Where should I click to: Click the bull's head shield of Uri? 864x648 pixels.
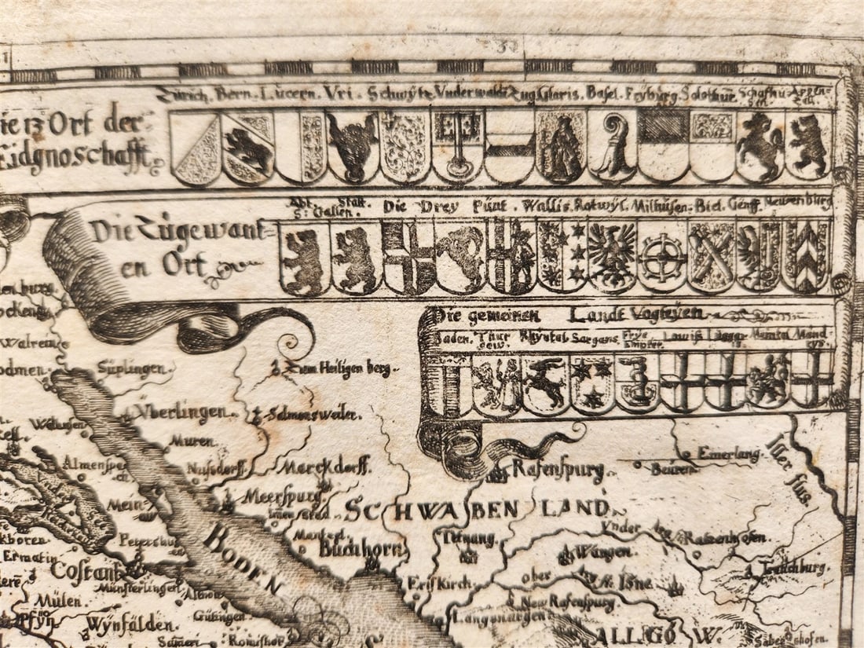[x=353, y=147]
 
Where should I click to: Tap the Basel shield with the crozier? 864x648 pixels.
[x=612, y=147]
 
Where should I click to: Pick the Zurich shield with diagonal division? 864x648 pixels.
[x=196, y=148]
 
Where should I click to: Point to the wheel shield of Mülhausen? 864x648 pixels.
[x=662, y=256]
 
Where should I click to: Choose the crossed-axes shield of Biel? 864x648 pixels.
[x=712, y=256]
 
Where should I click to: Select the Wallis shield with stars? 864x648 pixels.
[x=562, y=256]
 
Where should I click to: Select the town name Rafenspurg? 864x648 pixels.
[x=558, y=470]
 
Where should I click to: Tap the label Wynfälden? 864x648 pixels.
[x=129, y=625]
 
